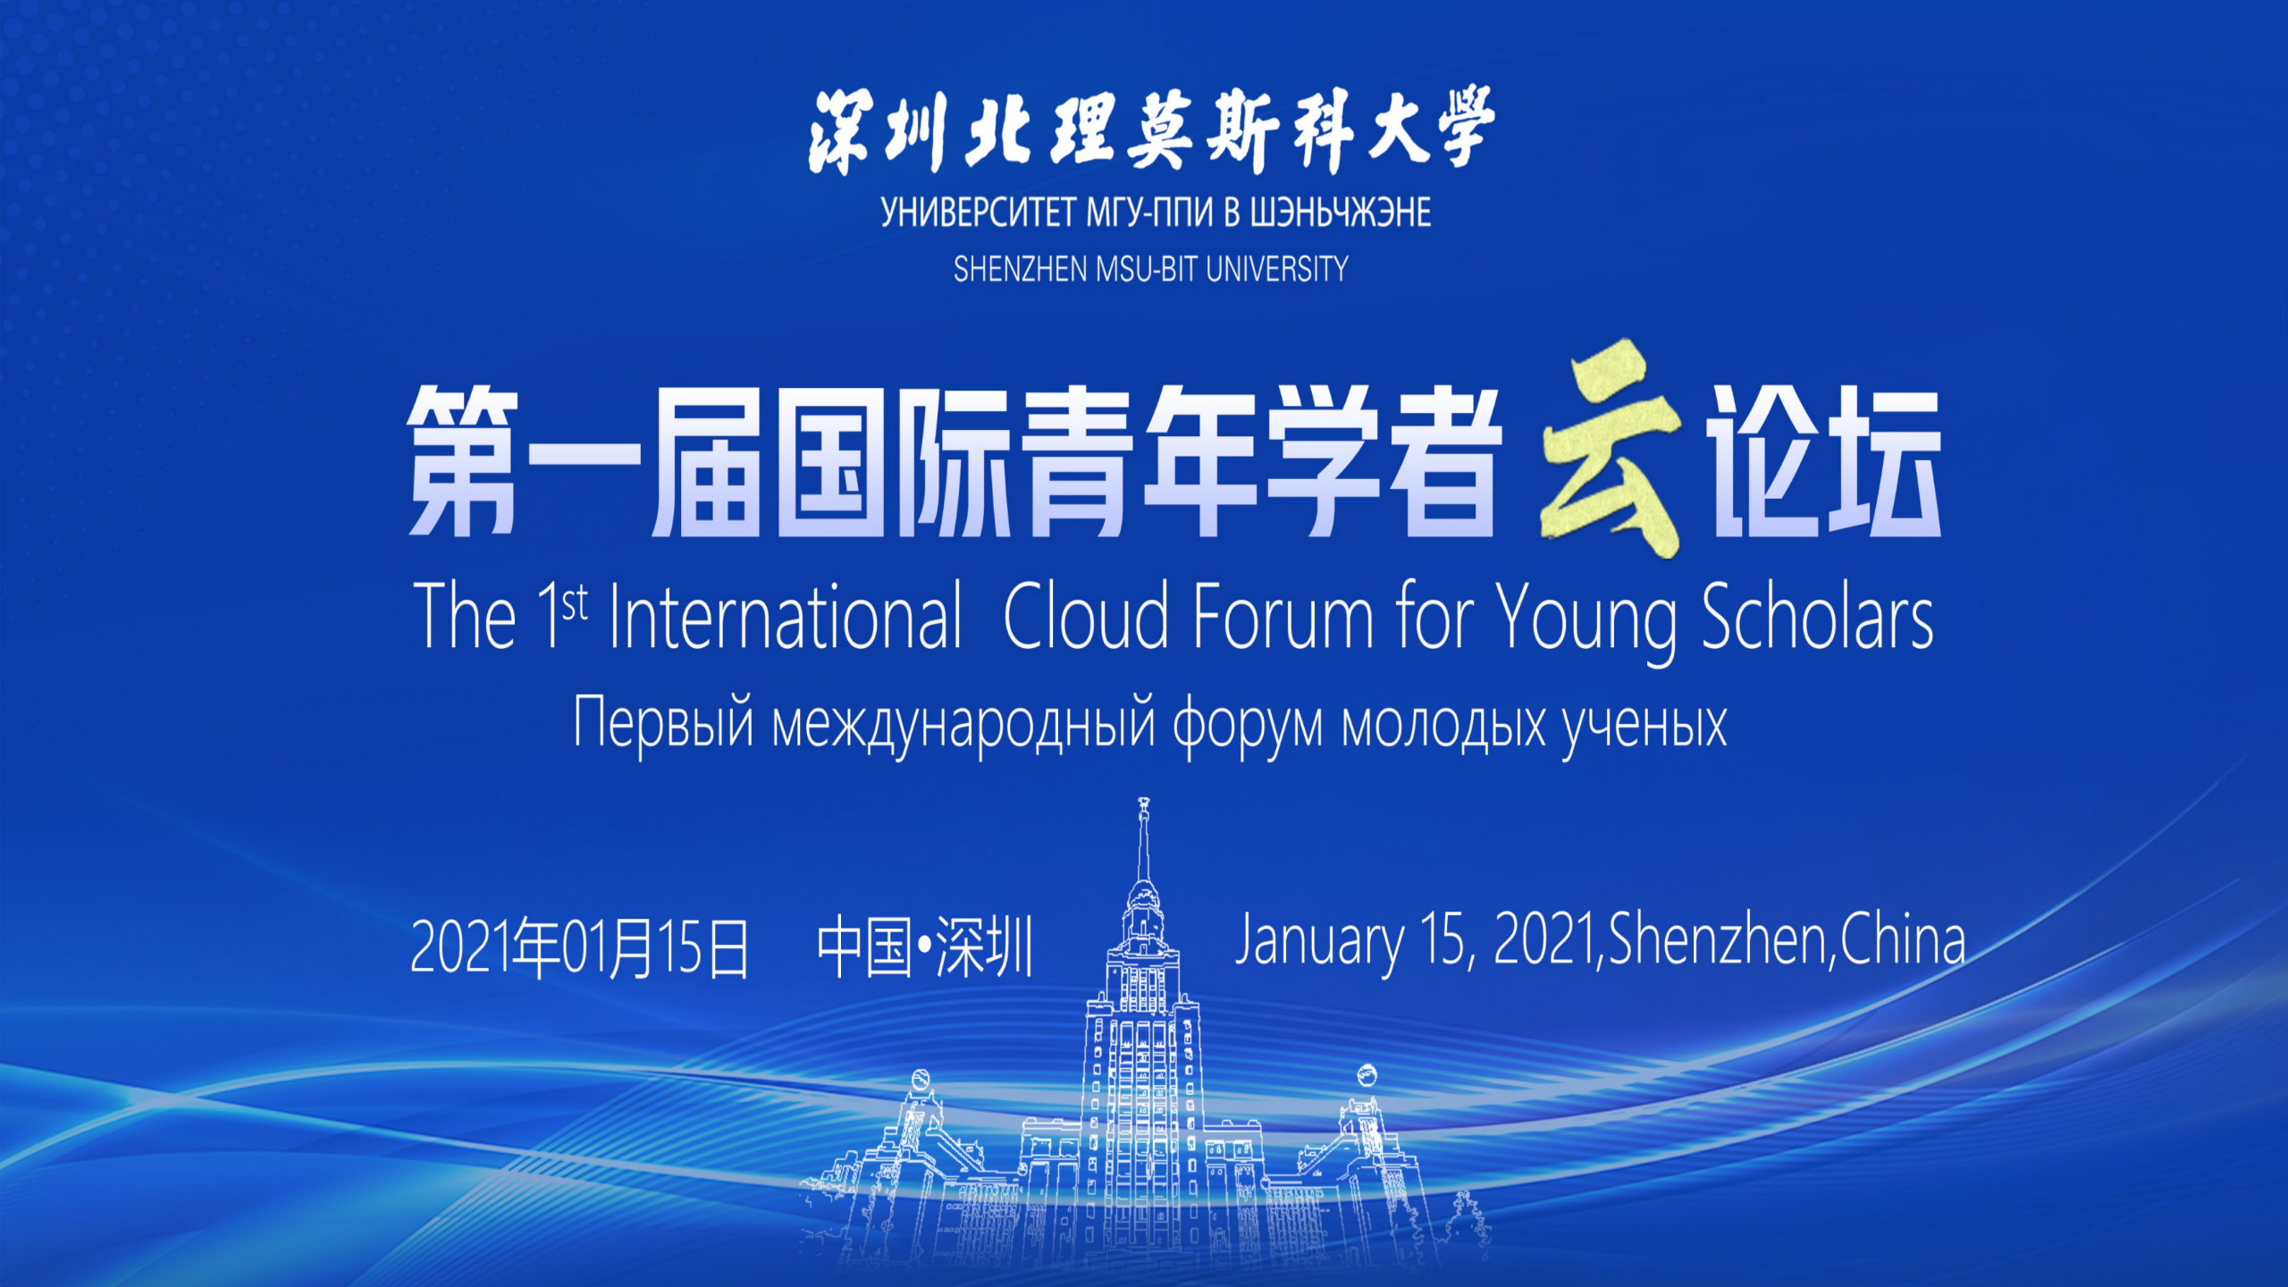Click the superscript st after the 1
(575, 602)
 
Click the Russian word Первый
(664, 723)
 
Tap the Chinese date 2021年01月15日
(579, 946)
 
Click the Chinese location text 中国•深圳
(925, 946)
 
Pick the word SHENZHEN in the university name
(1020, 269)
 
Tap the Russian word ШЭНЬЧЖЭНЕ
(1341, 213)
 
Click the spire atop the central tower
(1143, 840)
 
